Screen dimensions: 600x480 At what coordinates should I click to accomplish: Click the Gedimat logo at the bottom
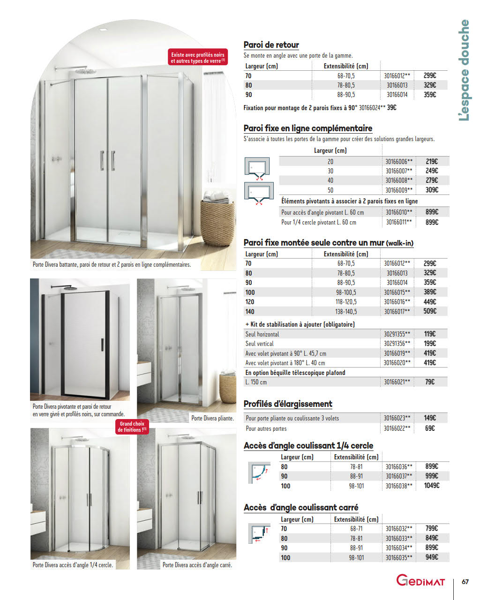(420, 580)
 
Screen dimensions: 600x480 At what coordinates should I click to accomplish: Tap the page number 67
(465, 582)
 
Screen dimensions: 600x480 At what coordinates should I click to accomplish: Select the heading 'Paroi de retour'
(271, 45)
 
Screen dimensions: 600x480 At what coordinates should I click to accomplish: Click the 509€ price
(430, 311)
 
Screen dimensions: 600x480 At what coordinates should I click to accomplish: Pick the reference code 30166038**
(399, 486)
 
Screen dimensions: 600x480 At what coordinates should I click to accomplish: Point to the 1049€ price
(431, 486)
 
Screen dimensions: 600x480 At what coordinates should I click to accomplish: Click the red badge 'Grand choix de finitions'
(132, 427)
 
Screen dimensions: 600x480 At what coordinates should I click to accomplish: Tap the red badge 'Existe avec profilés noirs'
(198, 58)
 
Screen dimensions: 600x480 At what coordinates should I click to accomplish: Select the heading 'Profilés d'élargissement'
(288, 404)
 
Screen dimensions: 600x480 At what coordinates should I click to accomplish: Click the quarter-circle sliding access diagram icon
(259, 472)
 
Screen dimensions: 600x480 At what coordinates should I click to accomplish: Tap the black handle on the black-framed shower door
(102, 345)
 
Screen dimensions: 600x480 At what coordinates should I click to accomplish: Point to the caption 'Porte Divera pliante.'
(212, 418)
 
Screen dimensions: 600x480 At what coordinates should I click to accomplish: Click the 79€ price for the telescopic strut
(429, 382)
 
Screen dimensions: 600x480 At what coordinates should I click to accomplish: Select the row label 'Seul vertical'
(259, 344)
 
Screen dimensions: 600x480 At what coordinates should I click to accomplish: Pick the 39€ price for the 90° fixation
(391, 108)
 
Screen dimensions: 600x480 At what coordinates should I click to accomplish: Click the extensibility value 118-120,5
(346, 302)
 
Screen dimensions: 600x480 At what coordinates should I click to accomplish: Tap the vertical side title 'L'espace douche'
(464, 70)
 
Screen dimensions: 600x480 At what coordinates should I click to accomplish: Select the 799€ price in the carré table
(431, 528)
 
